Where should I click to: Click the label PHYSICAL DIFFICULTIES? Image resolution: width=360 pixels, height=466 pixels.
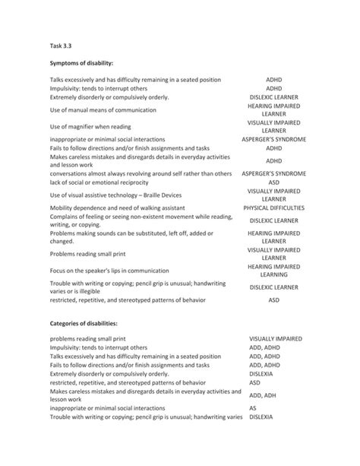pos(273,208)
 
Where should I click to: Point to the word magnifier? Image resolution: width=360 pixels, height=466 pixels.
pos(90,126)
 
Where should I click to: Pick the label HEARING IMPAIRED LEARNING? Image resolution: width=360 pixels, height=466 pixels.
pos(273,271)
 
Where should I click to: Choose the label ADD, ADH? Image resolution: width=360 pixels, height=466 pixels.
pos(263,395)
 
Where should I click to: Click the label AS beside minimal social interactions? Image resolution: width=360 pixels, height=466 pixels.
pos(253,407)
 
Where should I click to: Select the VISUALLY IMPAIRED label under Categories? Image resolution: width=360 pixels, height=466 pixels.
pos(276,337)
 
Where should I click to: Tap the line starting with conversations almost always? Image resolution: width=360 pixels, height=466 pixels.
pos(141,174)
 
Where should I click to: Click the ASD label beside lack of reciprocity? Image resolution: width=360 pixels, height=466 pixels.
pos(273,182)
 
